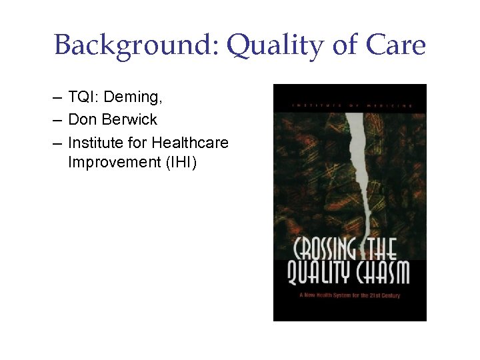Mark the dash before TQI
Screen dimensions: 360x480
[x=59, y=98]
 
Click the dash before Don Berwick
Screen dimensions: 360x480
[x=59, y=120]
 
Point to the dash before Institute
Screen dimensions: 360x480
[x=59, y=142]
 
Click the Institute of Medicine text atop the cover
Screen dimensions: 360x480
[x=350, y=105]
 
